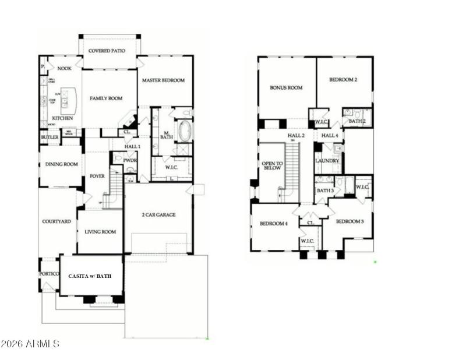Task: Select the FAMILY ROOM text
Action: [x=106, y=98]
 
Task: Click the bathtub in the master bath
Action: [x=185, y=131]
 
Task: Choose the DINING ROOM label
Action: [x=62, y=164]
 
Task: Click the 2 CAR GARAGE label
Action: [x=158, y=215]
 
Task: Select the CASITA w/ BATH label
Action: [x=90, y=275]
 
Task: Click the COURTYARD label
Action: [x=57, y=221]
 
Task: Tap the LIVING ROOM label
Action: [x=100, y=232]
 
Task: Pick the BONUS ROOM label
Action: [x=286, y=88]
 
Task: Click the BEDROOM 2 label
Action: [x=343, y=80]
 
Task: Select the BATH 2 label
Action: [x=357, y=121]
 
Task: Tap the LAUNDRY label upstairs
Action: [x=327, y=161]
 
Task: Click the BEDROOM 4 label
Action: [x=273, y=224]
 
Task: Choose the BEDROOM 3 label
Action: [x=349, y=221]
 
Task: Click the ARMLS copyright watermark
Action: [x=30, y=344]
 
